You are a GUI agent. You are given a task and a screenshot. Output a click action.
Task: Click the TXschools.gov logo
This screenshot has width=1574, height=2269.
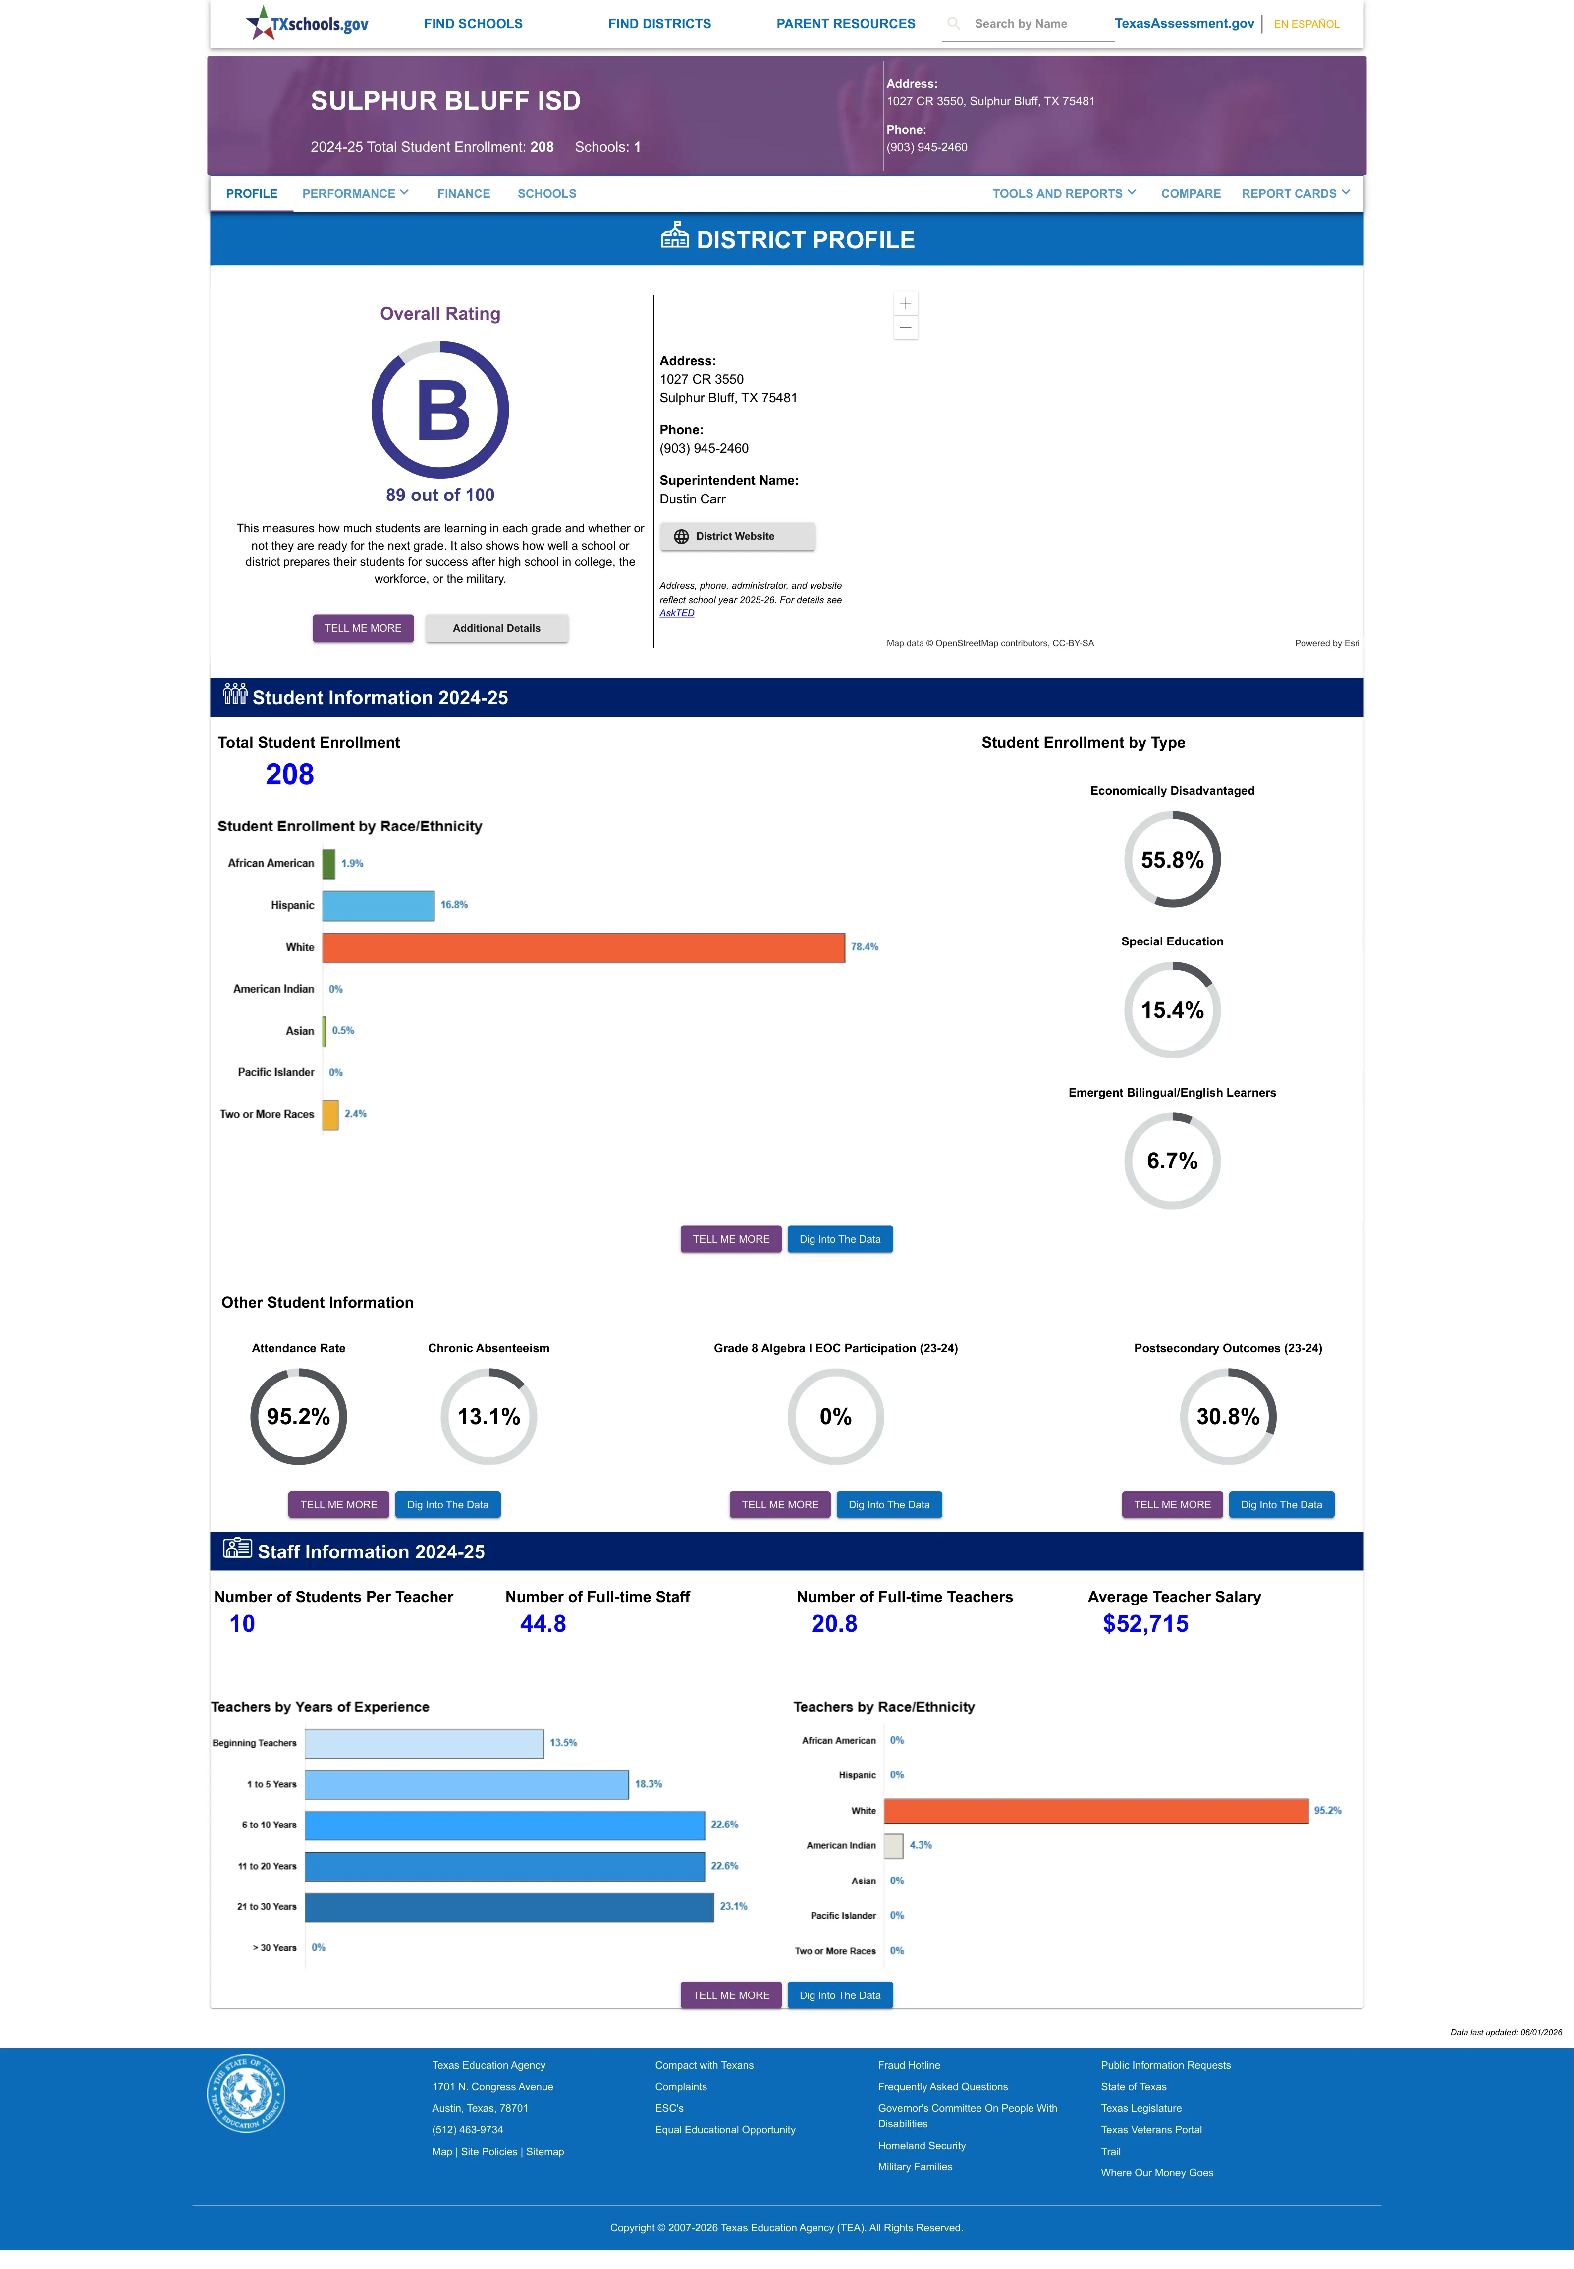point(307,23)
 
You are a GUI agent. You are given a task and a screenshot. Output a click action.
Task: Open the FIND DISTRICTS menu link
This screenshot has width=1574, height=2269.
point(659,24)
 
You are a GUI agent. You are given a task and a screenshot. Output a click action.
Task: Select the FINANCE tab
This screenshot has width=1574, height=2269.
point(464,193)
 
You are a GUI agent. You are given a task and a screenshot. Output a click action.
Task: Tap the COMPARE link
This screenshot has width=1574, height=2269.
point(1191,193)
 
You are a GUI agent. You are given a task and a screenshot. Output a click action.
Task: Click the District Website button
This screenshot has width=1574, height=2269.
point(737,537)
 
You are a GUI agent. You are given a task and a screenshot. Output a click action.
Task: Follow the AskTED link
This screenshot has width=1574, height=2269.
point(677,613)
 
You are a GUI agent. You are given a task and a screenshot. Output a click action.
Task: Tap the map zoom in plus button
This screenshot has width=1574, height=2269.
point(905,304)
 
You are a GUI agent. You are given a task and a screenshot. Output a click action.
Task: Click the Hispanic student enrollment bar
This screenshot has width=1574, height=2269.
point(378,905)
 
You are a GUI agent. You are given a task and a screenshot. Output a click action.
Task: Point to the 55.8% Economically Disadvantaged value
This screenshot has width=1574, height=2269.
point(1172,860)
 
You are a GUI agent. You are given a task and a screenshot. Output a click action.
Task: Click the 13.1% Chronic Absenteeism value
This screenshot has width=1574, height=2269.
point(488,1416)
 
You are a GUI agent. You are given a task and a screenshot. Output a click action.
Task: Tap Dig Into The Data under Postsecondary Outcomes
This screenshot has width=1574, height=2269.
point(1281,1505)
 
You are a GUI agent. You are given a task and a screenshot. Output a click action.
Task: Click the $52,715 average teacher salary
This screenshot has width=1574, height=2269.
point(1145,1624)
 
